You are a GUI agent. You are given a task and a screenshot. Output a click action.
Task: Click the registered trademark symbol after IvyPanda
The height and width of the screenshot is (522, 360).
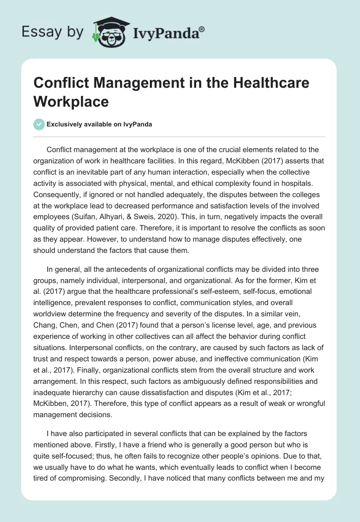tap(202, 29)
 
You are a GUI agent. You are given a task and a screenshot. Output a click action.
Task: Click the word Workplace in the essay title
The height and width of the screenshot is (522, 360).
tap(72, 101)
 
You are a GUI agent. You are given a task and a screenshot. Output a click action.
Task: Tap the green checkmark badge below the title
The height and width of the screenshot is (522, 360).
tap(39, 124)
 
